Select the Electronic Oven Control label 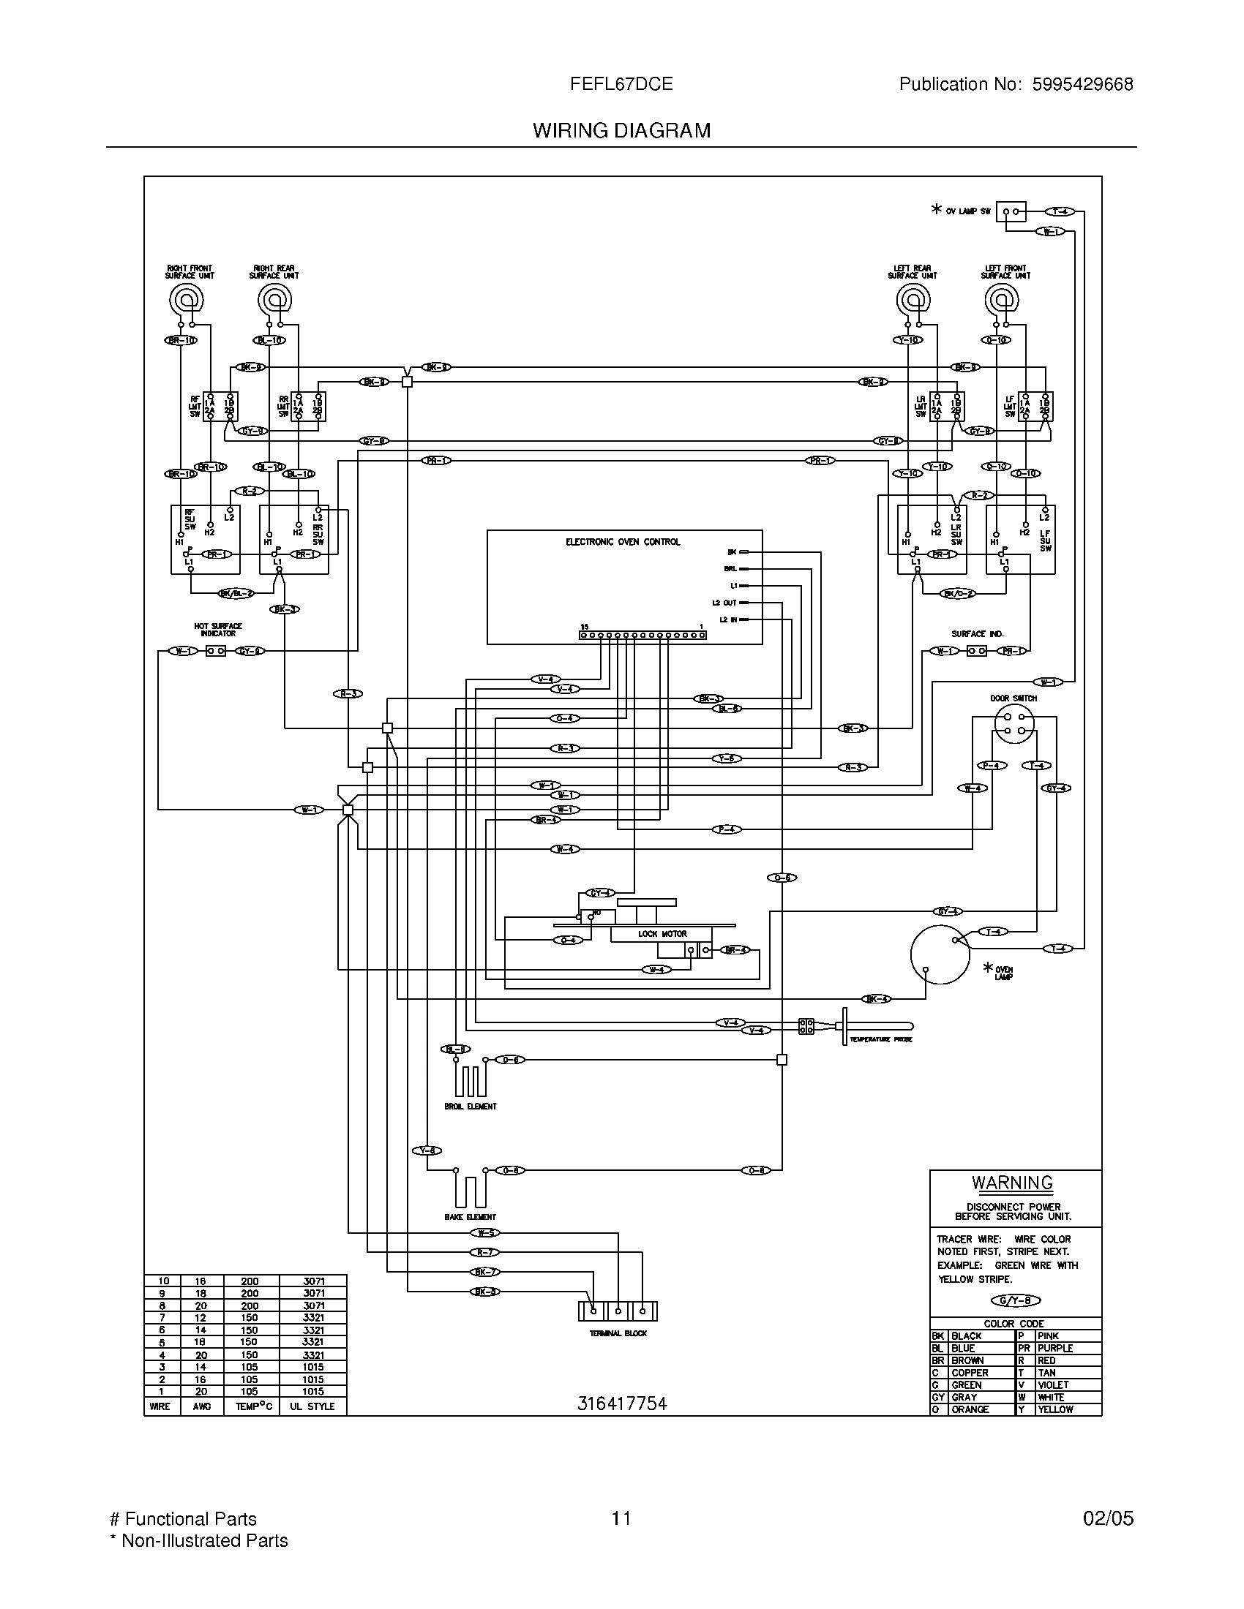coord(623,541)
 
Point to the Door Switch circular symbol coord(1014,723)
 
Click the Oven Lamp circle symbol coord(940,954)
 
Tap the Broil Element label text coord(471,1106)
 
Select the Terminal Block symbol coord(618,1311)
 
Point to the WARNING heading coord(1012,1183)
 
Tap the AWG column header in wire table coord(201,1406)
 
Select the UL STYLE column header coord(312,1406)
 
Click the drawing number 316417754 coord(621,1404)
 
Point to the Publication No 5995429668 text coord(1016,84)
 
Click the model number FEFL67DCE coord(621,84)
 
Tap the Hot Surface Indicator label coord(218,629)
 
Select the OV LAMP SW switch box coord(1011,211)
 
